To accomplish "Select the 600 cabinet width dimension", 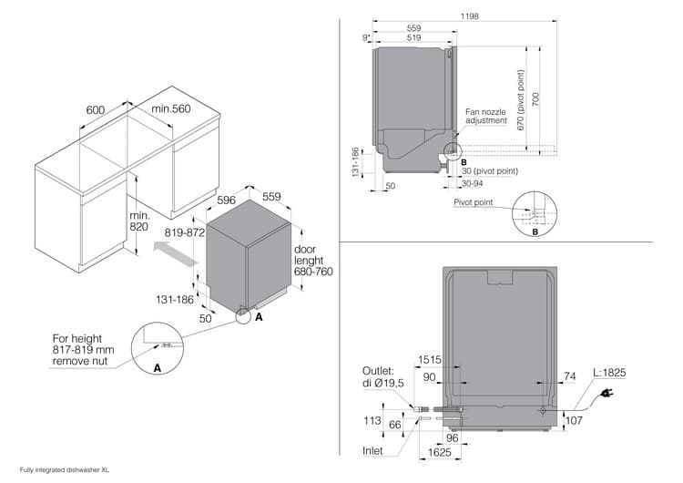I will coord(95,110).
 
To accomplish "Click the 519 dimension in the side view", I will coord(413,37).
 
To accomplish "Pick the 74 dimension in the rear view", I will coord(571,375).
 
